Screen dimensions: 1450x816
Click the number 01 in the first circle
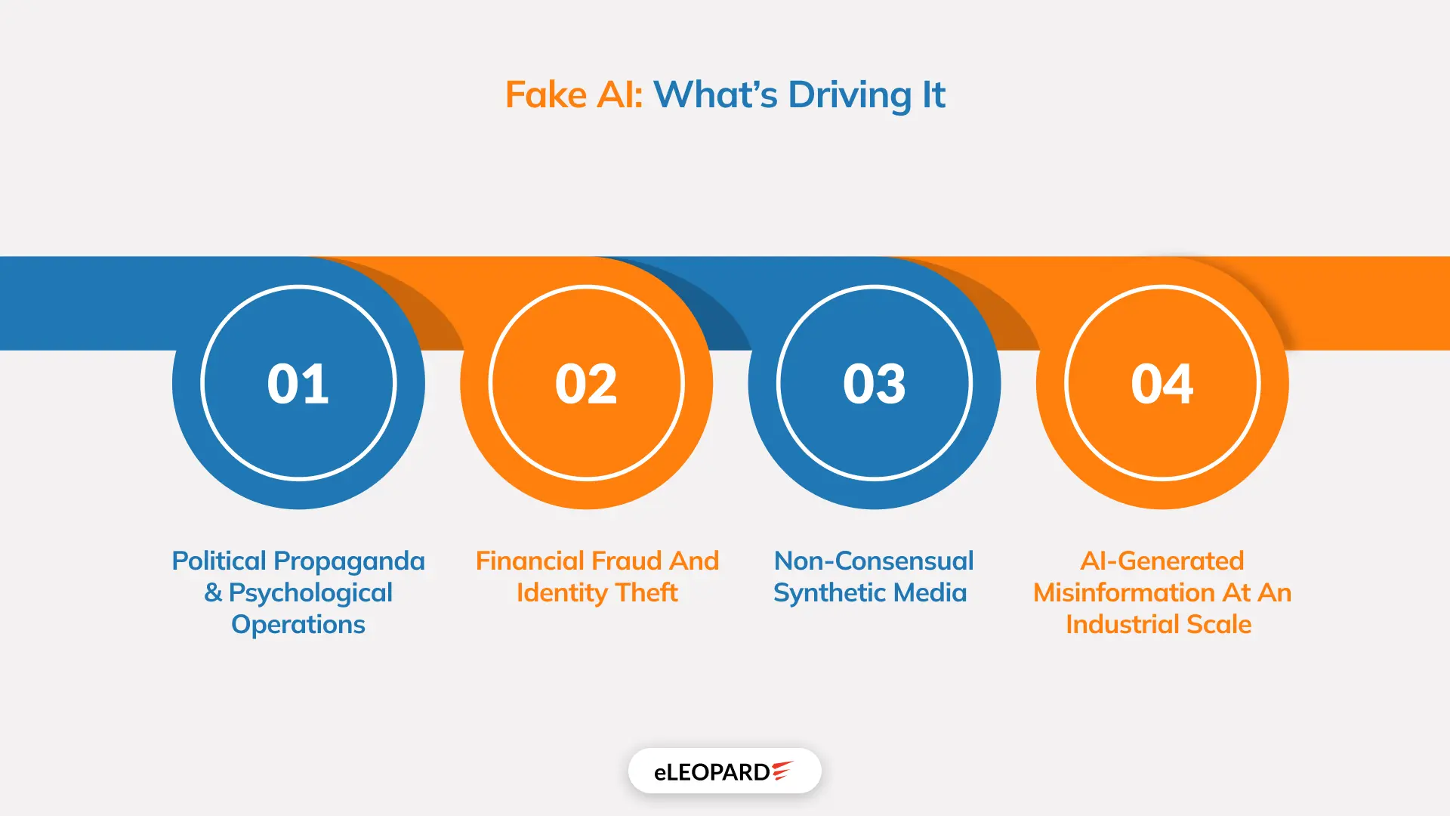coord(298,384)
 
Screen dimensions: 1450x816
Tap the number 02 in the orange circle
coord(586,384)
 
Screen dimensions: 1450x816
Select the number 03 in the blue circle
coord(875,384)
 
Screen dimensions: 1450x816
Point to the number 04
coord(1162,384)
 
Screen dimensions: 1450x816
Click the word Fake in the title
coord(546,95)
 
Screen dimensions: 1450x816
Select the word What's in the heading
coord(715,95)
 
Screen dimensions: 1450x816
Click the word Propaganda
coord(350,562)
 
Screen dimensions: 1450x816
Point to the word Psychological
coord(310,594)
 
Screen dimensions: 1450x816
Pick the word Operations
coord(298,626)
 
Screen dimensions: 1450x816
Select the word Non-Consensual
coord(874,561)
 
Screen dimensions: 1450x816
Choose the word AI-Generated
coord(1162,561)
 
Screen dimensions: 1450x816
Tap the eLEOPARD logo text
coord(712,772)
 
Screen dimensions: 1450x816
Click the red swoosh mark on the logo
coord(782,770)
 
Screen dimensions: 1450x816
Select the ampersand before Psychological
coord(213,593)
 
